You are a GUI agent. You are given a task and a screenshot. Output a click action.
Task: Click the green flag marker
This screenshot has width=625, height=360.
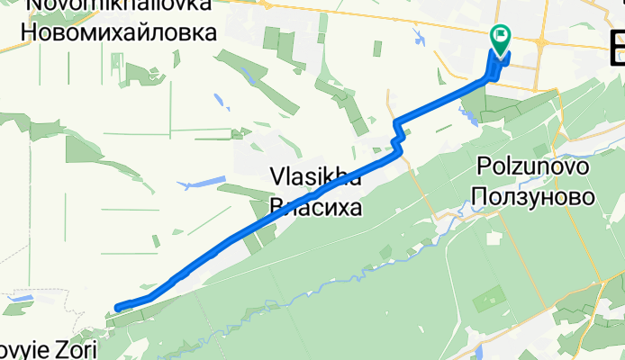click(x=500, y=37)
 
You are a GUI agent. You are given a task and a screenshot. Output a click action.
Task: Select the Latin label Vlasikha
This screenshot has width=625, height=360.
click(x=316, y=178)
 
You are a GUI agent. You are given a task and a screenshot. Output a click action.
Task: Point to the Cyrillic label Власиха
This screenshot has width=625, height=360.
click(x=316, y=209)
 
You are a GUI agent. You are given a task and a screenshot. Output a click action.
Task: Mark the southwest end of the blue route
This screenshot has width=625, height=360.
click(x=119, y=309)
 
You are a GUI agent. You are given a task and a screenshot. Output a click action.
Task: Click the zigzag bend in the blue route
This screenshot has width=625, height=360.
click(x=396, y=139)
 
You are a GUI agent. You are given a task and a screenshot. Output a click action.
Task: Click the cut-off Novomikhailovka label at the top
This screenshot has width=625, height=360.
click(x=121, y=4)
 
